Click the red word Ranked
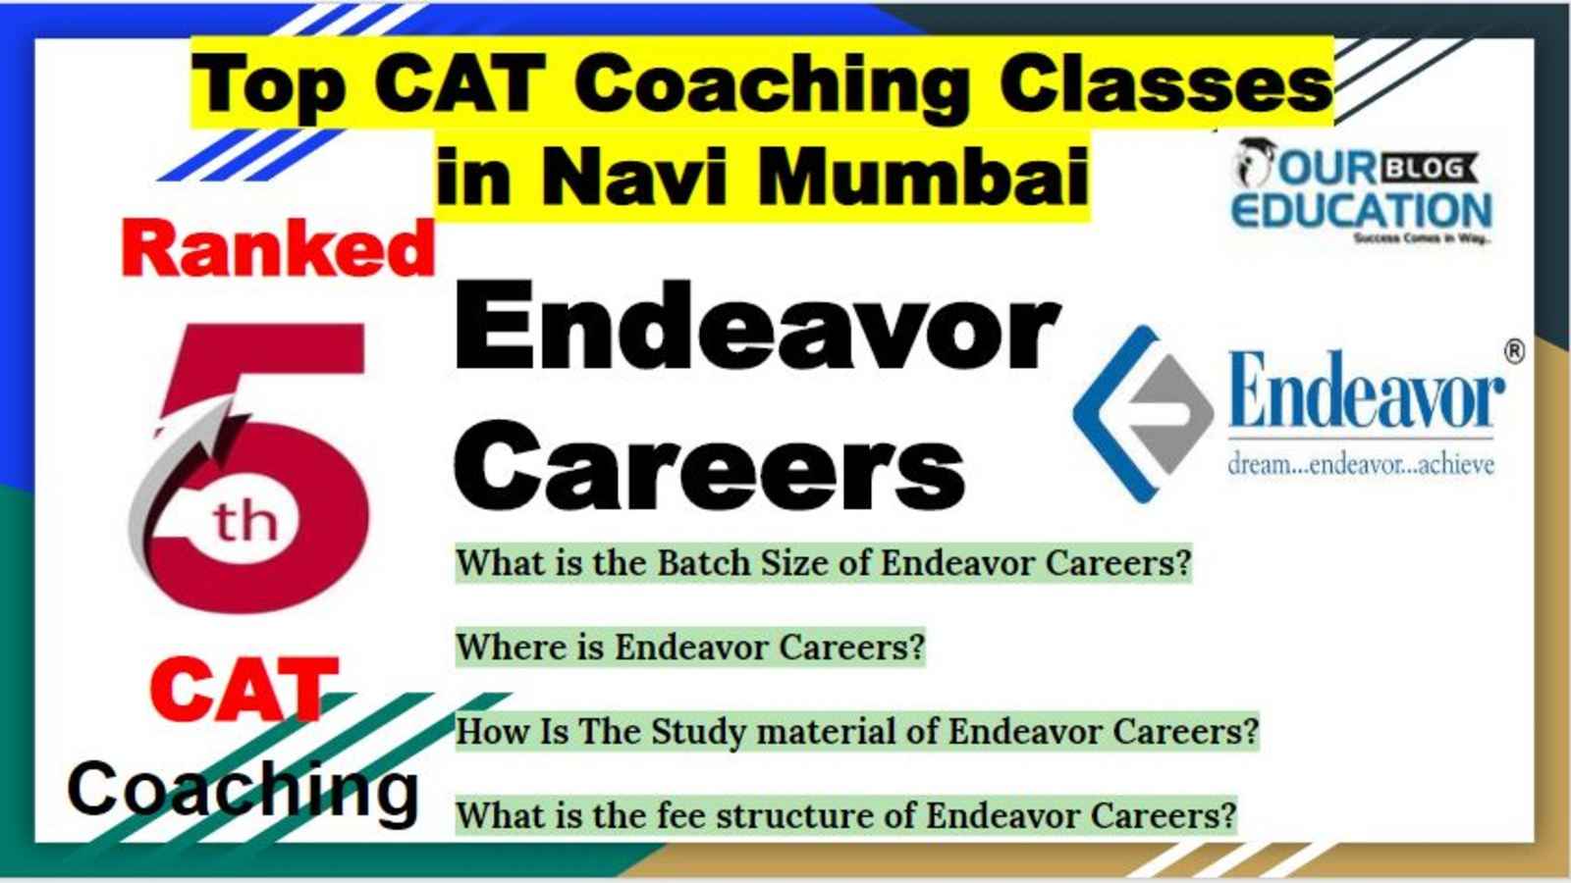pos(279,249)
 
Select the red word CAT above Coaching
pos(244,690)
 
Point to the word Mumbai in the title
pos(923,176)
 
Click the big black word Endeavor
pos(757,326)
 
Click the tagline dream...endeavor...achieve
pos(1361,464)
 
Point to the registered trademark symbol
pos(1515,351)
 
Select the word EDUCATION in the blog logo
pos(1362,211)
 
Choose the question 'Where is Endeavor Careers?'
pos(691,647)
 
